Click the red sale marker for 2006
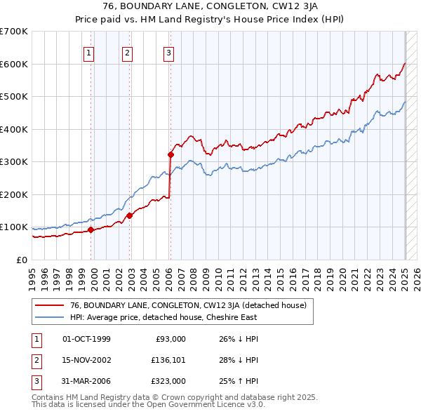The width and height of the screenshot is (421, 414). (171, 154)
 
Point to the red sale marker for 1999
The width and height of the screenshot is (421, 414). (91, 229)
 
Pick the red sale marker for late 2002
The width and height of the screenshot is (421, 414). (130, 215)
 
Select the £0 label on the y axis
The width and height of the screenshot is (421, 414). (22, 260)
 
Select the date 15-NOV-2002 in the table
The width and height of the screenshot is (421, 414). (87, 360)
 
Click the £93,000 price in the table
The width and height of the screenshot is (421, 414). (170, 339)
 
